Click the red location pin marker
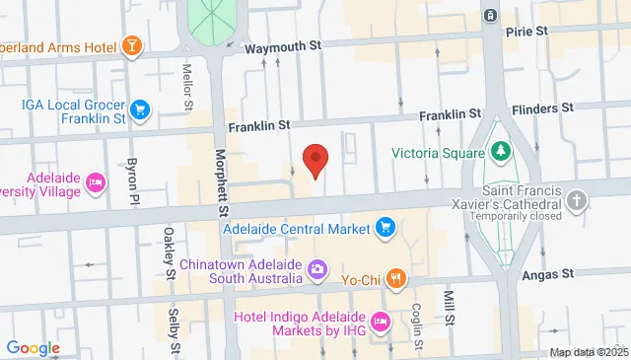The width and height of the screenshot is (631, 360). [x=315, y=160]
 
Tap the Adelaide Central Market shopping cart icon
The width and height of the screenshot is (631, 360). [x=386, y=229]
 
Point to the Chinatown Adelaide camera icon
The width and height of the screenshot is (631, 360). [x=317, y=268]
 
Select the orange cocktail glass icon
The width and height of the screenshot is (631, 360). [x=130, y=45]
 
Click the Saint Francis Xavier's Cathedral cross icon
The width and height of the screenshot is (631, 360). [x=579, y=202]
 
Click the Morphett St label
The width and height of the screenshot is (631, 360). [x=223, y=185]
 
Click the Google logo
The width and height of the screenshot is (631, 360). [x=33, y=347]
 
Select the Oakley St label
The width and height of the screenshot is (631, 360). [x=170, y=250]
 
